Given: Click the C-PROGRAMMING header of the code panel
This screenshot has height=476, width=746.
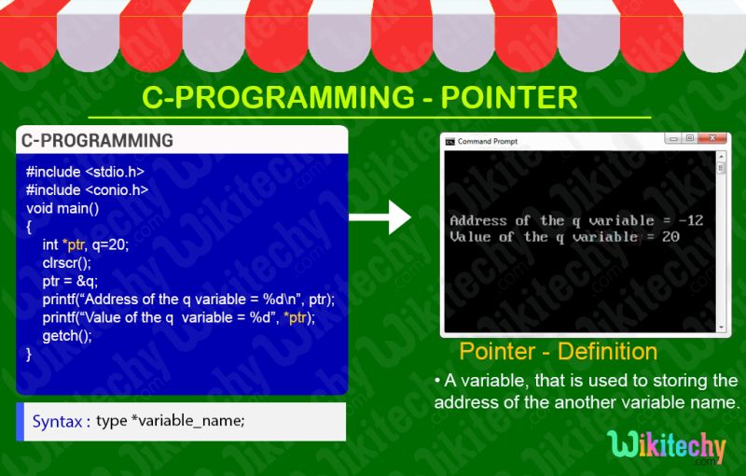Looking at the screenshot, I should (97, 141).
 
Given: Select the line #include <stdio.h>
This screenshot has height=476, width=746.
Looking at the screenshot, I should (85, 173).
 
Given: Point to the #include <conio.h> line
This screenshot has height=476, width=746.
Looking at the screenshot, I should (87, 190).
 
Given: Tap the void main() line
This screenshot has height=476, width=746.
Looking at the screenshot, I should (63, 208).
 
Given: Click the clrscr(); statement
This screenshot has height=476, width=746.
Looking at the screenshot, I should (67, 262).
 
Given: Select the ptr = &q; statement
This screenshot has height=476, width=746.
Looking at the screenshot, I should (70, 281).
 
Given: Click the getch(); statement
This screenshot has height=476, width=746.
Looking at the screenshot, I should (67, 335).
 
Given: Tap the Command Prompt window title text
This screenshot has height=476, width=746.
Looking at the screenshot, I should (487, 142).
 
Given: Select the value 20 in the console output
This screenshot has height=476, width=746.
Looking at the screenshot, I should (670, 237).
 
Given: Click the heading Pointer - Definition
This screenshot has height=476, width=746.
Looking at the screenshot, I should (558, 352).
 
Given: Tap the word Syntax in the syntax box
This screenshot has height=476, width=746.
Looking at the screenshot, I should (57, 421).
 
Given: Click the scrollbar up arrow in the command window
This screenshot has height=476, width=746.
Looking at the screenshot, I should (721, 157).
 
